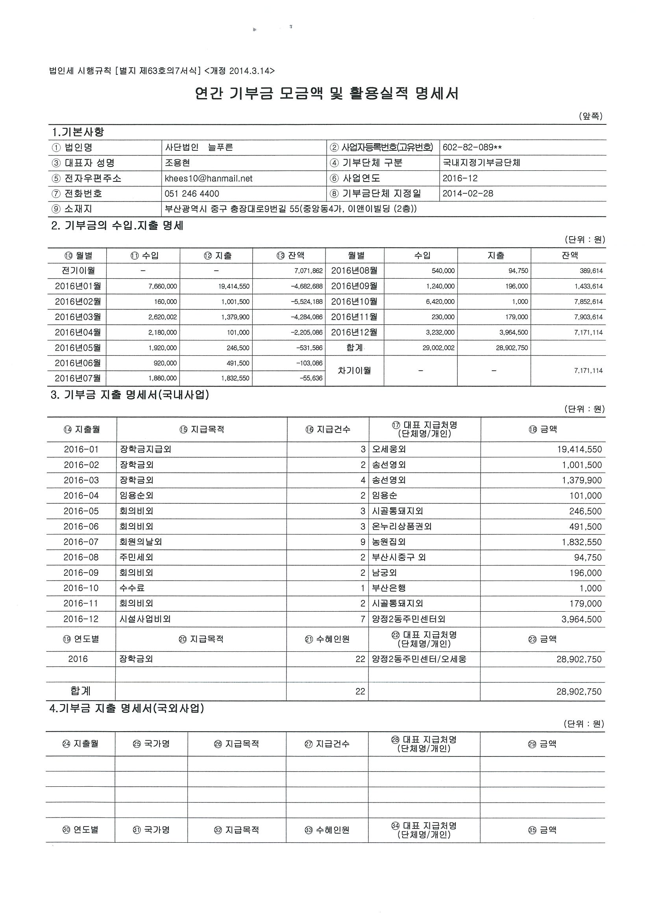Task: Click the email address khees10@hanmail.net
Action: click(x=208, y=179)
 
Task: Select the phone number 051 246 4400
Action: click(x=192, y=194)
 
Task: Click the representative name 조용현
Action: click(x=177, y=163)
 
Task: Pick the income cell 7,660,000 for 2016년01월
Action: click(x=163, y=287)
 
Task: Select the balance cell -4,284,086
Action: click(x=307, y=317)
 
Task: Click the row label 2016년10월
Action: click(x=354, y=301)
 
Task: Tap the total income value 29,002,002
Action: click(x=438, y=348)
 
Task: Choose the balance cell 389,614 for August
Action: click(x=591, y=271)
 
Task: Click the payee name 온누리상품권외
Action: click(x=401, y=527)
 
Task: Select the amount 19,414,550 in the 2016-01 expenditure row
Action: click(x=579, y=449)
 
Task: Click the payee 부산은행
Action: click(x=389, y=588)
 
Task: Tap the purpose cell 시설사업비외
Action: click(x=145, y=620)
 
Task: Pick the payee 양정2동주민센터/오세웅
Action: click(x=419, y=659)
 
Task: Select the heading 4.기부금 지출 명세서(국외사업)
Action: click(x=127, y=709)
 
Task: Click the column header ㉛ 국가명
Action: click(x=151, y=830)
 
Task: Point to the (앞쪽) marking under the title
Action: click(x=590, y=117)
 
